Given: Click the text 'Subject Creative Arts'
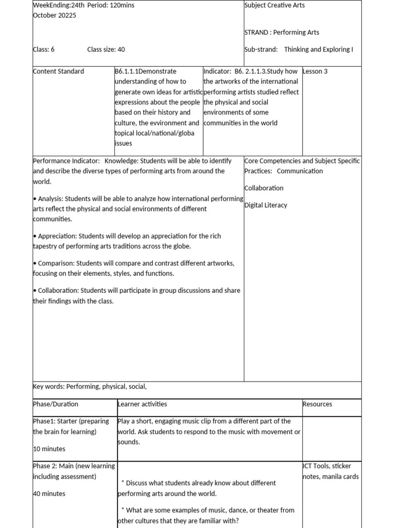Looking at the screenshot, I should (x=274, y=5).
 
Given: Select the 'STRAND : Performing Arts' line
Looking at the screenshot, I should (x=282, y=32).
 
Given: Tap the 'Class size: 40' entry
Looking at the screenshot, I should (x=106, y=49).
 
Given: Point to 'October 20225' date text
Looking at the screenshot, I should (x=54, y=15).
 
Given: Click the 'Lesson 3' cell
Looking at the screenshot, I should (x=315, y=71).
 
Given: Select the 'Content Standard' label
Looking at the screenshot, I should (x=58, y=71).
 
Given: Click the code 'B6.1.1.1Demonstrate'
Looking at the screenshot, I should (x=145, y=71).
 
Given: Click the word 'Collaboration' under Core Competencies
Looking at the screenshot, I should (x=264, y=188).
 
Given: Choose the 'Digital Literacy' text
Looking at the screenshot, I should (x=266, y=205).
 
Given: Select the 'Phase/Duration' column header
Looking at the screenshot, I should (x=56, y=404).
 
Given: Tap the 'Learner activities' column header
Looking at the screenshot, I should (x=142, y=404).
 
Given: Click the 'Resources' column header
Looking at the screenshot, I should (x=317, y=404).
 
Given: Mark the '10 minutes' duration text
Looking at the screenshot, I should (x=49, y=449).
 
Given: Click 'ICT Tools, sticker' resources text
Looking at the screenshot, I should (x=327, y=466).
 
